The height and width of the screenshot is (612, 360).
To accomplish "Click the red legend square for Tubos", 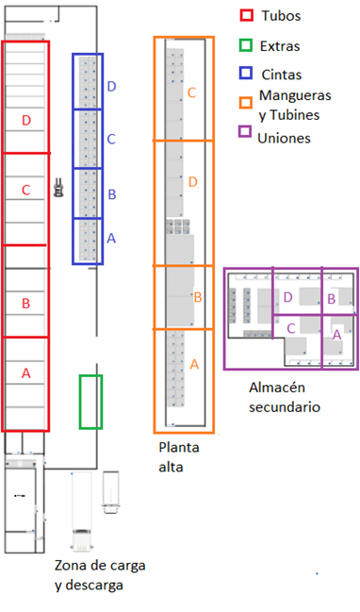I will [247, 15].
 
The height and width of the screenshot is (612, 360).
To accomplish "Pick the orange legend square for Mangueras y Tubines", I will [247, 102].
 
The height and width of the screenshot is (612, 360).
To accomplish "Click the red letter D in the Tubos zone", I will [26, 120].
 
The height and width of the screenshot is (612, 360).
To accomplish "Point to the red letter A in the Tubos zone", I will [25, 373].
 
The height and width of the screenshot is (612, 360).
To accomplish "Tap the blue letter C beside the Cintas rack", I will [111, 140].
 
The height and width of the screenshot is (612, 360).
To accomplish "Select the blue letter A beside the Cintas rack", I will [111, 239].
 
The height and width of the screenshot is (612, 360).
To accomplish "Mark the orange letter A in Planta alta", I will [195, 364].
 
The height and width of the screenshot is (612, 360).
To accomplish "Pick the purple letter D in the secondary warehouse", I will [287, 297].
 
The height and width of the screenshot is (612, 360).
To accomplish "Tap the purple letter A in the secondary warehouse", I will [336, 333].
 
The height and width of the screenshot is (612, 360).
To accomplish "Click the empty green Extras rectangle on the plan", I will [90, 401].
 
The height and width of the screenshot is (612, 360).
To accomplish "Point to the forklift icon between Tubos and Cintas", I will [58, 188].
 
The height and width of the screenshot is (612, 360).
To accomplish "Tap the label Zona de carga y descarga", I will [91, 575].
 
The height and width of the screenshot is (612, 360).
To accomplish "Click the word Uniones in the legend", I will [289, 138].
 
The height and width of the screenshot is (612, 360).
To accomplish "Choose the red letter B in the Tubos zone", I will [25, 303].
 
